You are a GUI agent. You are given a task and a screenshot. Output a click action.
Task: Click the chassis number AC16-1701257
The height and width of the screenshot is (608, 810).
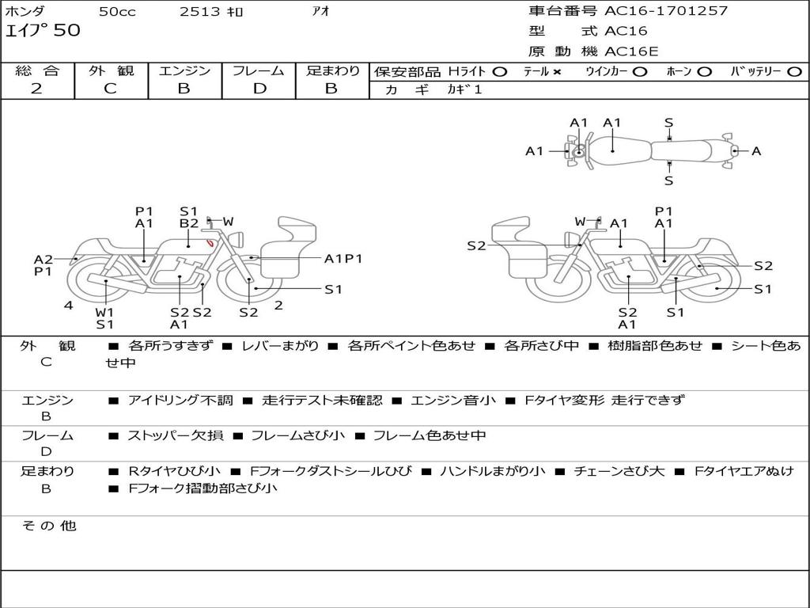click(x=666, y=10)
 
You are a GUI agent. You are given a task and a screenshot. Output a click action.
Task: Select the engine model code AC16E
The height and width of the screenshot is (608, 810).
click(x=631, y=51)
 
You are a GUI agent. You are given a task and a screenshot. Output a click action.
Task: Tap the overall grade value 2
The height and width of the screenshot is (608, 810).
click(x=36, y=89)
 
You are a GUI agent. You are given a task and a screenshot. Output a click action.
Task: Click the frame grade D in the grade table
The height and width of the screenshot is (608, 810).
click(x=259, y=89)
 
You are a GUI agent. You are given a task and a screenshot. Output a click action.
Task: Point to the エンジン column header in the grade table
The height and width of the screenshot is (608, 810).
click(x=184, y=70)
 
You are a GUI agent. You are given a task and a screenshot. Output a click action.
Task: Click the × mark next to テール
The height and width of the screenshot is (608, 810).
click(x=556, y=72)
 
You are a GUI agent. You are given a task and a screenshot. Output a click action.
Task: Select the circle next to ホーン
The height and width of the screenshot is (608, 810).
click(x=704, y=72)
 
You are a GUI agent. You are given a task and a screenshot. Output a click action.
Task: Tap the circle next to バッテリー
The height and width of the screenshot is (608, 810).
click(x=794, y=72)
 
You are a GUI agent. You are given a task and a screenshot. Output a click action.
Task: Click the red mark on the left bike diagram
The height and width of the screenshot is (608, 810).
click(x=210, y=242)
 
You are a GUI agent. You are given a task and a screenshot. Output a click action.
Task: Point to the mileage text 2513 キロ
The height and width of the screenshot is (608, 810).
click(x=210, y=11)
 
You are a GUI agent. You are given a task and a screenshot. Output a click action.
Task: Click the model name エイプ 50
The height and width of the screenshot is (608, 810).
click(x=43, y=30)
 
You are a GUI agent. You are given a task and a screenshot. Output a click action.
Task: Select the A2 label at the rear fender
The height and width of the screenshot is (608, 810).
click(x=44, y=259)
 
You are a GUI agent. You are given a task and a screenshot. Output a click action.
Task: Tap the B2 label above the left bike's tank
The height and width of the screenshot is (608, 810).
click(x=189, y=223)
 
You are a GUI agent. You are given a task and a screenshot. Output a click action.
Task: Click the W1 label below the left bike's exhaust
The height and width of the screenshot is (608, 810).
click(x=104, y=312)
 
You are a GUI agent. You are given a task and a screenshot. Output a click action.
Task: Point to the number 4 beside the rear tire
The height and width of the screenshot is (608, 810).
click(x=69, y=305)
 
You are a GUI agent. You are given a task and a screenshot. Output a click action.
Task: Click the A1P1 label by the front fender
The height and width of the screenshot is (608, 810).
click(x=343, y=259)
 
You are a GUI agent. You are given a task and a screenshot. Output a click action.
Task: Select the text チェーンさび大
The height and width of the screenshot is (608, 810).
click(x=619, y=471)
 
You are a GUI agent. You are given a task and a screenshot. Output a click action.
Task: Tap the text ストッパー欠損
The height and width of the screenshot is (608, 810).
click(x=175, y=435)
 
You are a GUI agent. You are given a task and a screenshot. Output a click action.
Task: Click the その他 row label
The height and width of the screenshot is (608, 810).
click(x=49, y=526)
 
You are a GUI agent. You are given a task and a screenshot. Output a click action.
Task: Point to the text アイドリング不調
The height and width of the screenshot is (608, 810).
click(x=180, y=400)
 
